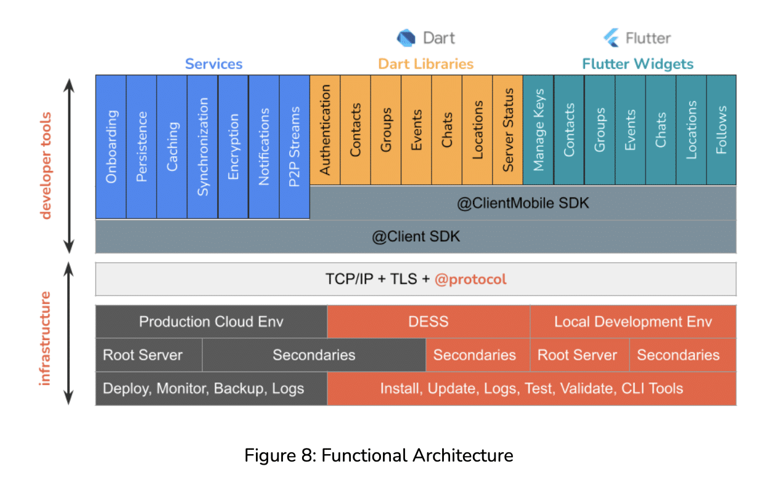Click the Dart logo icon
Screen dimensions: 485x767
[x=407, y=38]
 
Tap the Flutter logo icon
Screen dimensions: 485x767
[x=612, y=38]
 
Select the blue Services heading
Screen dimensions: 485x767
[x=213, y=64]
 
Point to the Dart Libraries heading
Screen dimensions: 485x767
[x=425, y=64]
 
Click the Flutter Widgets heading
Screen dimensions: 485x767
[x=638, y=64]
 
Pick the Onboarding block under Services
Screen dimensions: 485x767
[x=111, y=146]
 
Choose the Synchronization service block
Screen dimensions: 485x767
[x=203, y=146]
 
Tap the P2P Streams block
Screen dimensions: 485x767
[x=295, y=146]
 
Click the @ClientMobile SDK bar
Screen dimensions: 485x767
[x=523, y=202]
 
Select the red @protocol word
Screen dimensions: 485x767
[x=470, y=279]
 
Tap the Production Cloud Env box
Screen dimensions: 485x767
[x=211, y=321]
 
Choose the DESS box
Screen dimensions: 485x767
[x=428, y=321]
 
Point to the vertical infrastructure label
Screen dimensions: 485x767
[x=44, y=338]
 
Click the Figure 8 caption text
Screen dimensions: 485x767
[x=379, y=455]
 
